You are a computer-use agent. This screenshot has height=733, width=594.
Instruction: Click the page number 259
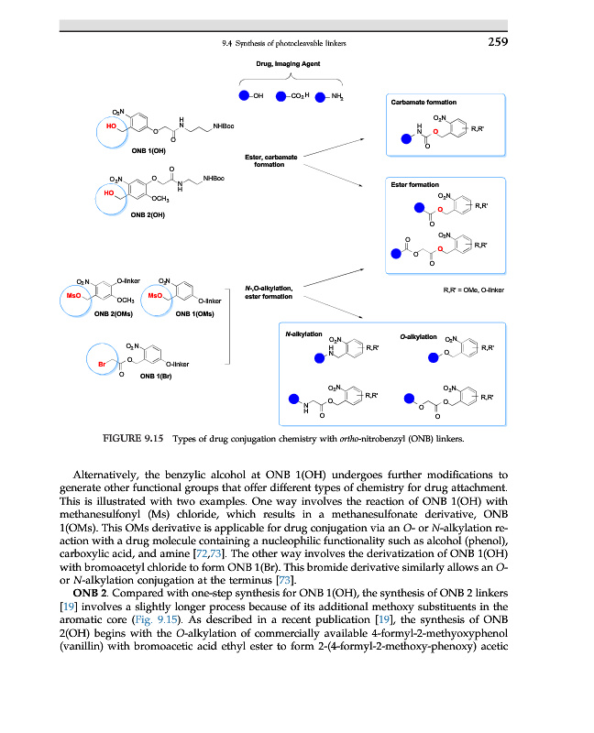coord(496,42)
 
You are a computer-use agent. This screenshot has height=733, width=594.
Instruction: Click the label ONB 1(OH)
coord(148,151)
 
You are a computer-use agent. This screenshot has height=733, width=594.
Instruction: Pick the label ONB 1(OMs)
coord(194,313)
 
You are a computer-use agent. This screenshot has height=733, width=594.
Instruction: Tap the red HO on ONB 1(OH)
coord(111,126)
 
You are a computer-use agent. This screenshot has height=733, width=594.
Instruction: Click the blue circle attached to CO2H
coord(280,95)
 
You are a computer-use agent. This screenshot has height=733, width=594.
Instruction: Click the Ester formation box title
coord(413,184)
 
